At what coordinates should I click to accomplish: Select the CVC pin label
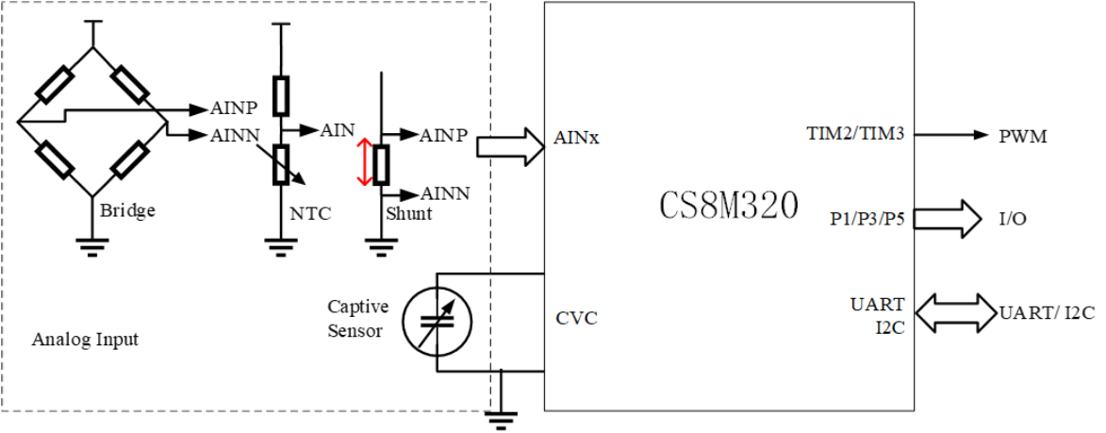pyautogui.click(x=576, y=317)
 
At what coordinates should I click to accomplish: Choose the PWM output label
pyautogui.click(x=1023, y=136)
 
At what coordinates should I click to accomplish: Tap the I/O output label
pyautogui.click(x=1013, y=219)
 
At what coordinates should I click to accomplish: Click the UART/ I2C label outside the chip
pyautogui.click(x=1047, y=313)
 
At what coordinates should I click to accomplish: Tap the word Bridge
pyautogui.click(x=127, y=209)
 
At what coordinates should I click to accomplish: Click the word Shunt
pyautogui.click(x=408, y=214)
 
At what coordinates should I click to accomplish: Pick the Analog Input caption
pyautogui.click(x=85, y=339)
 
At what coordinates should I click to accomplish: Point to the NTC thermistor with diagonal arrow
pyautogui.click(x=280, y=164)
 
